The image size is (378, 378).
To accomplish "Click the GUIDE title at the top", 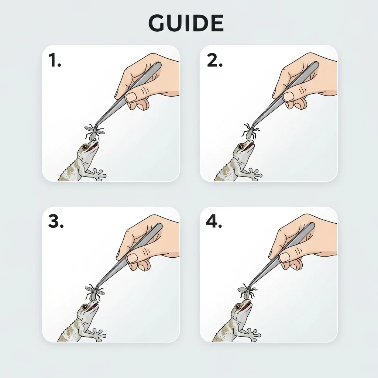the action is click(x=186, y=23).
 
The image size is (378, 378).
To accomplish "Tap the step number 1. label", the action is click(x=55, y=60).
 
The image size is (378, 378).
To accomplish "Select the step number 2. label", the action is click(x=215, y=60).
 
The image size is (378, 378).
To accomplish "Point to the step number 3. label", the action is click(x=56, y=221).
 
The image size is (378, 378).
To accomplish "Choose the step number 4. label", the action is click(x=214, y=221).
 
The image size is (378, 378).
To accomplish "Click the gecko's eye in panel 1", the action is click(x=85, y=147).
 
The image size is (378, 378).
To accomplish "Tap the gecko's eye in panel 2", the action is click(x=241, y=147).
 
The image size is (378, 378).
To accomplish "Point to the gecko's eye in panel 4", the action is click(x=238, y=307).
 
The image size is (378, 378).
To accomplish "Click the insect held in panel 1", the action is click(x=94, y=132).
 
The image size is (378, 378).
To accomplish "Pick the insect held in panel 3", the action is click(x=94, y=292).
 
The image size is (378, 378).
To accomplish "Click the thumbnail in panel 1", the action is click(x=131, y=97).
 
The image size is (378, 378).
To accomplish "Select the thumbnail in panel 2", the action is click(x=288, y=97).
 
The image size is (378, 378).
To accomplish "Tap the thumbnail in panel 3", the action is click(x=133, y=258).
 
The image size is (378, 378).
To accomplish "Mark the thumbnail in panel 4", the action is click(x=285, y=257).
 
